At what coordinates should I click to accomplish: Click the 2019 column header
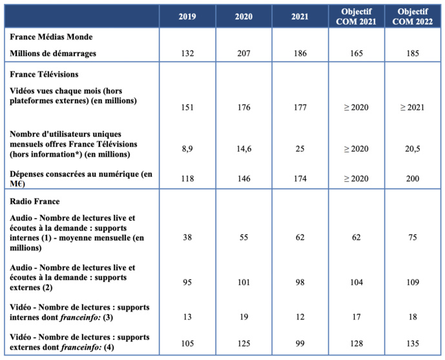[187, 16]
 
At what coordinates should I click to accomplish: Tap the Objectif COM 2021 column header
[356, 16]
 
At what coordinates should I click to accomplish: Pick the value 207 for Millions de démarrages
[243, 54]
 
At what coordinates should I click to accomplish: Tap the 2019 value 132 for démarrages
[187, 54]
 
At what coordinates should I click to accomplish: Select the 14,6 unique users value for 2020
[243, 148]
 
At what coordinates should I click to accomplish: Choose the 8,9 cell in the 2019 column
[187, 148]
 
